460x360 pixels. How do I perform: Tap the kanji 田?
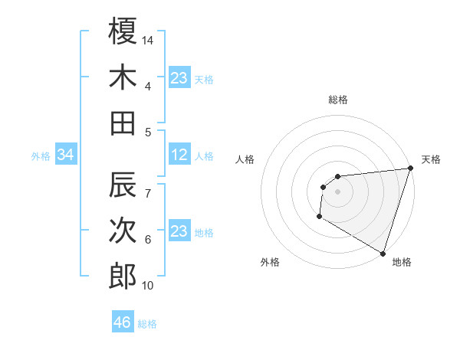pos(123,123)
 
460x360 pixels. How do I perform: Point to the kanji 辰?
pos(123,185)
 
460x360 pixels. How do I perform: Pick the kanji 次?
pos(123,231)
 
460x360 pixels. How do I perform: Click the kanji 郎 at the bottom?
pos(123,277)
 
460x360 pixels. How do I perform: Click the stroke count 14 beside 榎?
pos(149,39)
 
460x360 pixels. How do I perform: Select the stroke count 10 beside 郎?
pos(149,286)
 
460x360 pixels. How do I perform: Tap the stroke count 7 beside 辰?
pos(148,185)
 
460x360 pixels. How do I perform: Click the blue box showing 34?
pos(65,155)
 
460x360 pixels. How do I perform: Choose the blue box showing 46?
pos(123,322)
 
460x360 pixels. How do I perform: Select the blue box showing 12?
pos(179,155)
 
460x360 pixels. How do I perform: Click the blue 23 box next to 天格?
pos(179,77)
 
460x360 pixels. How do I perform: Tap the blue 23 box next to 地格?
pos(179,231)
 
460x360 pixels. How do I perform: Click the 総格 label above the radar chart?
pos(337,100)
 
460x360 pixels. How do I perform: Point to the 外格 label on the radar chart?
pos(270,262)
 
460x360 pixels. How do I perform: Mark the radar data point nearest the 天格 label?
pos(410,169)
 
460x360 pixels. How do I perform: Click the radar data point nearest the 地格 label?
pos(383,253)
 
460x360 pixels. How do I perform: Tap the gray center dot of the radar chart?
pos(337,191)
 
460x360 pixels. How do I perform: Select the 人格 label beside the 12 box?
pos(204,156)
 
